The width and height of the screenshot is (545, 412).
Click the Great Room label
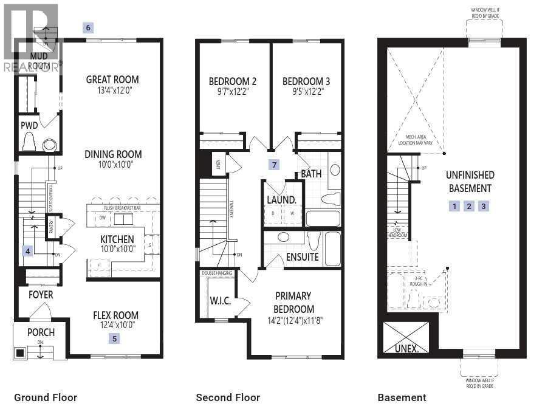coord(112,79)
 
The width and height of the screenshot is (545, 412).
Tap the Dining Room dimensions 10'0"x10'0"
coord(113,165)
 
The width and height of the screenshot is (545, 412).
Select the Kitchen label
coord(117,239)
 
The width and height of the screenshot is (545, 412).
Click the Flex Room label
coord(115,315)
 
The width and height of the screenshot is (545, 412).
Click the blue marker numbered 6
coord(89,27)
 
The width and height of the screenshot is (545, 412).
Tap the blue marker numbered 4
coord(27,250)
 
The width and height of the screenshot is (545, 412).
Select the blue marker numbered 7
coord(275,165)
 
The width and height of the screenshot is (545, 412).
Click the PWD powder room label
coord(29,126)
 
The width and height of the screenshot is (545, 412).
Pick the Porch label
coord(41,332)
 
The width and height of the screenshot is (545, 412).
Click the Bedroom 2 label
coord(232,81)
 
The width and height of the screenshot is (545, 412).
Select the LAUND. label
coord(281,199)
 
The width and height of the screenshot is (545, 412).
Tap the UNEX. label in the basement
coord(405,349)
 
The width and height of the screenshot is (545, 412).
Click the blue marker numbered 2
coord(468,206)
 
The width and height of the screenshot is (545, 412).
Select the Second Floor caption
coord(228,397)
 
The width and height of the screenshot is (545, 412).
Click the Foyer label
coord(40,295)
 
